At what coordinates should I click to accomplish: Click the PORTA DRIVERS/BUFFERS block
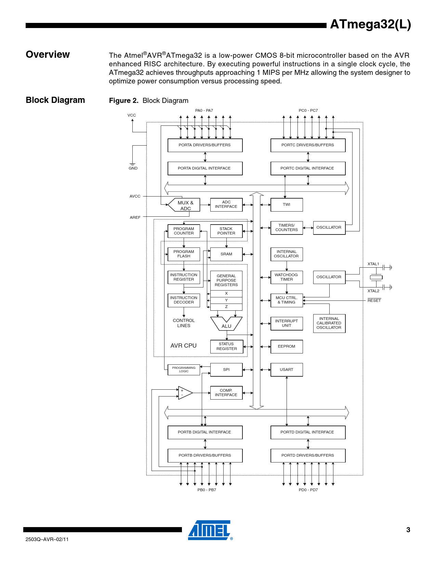pos(205,145)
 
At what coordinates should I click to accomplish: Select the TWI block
pos(287,205)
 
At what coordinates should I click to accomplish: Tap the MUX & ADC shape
pos(185,205)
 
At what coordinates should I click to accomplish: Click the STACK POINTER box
pos(226,231)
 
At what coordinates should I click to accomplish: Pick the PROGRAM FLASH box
pos(184,254)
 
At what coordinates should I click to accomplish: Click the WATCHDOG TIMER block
pos(287,277)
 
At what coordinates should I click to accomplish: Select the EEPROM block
pos(287,347)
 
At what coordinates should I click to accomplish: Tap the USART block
pos(287,370)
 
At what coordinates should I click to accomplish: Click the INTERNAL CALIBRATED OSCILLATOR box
pos(329,323)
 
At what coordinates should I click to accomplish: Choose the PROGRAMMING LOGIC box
pos(184,370)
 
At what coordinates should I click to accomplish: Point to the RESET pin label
pos(374,300)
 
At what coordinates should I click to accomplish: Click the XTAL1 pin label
pos(373,264)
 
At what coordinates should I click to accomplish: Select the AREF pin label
pos(135,217)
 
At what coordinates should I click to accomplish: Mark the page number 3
pos(408,530)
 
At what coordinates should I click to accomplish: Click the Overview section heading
pos(48,55)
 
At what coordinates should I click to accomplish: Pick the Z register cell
pos(226,307)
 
